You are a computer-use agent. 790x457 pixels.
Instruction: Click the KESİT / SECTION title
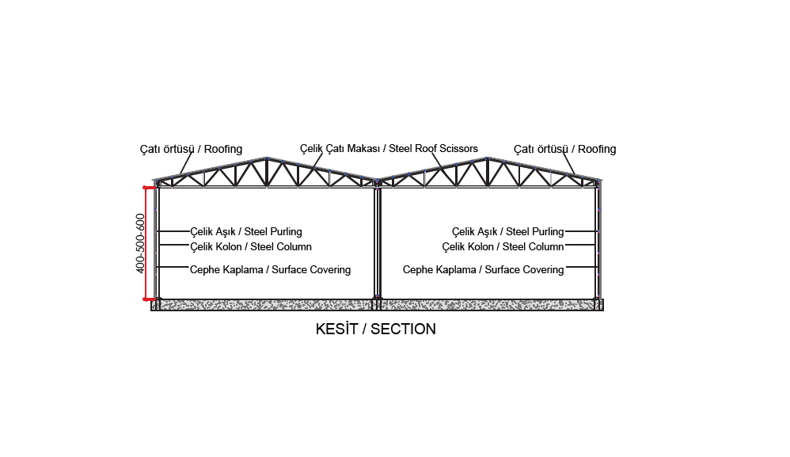click(375, 329)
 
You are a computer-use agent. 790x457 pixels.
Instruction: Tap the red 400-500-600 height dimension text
click(140, 243)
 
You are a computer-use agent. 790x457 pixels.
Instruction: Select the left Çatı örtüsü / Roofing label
click(191, 149)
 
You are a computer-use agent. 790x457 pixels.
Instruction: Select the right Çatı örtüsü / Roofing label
click(564, 149)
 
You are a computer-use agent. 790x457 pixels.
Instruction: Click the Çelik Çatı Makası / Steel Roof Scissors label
click(389, 149)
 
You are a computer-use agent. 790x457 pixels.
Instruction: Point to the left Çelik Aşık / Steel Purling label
click(246, 232)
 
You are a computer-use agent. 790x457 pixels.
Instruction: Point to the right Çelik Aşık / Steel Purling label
click(508, 232)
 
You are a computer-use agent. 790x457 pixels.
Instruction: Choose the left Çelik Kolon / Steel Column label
click(251, 247)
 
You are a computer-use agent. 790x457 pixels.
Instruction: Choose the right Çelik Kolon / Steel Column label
click(503, 247)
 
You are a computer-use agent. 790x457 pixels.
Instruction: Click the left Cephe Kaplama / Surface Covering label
click(270, 270)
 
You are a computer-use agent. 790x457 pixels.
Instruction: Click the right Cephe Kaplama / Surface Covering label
click(483, 270)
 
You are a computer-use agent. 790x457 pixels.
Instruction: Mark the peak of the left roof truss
click(267, 158)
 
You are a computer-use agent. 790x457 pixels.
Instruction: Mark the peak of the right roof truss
click(487, 158)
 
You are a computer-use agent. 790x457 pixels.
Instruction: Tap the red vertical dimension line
click(146, 243)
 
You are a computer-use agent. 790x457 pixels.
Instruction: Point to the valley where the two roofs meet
click(377, 179)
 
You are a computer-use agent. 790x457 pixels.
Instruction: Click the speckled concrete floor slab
click(377, 305)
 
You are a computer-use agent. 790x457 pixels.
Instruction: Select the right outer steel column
click(598, 242)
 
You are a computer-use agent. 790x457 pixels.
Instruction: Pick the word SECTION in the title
click(403, 329)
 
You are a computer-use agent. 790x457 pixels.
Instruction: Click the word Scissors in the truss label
click(458, 149)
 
